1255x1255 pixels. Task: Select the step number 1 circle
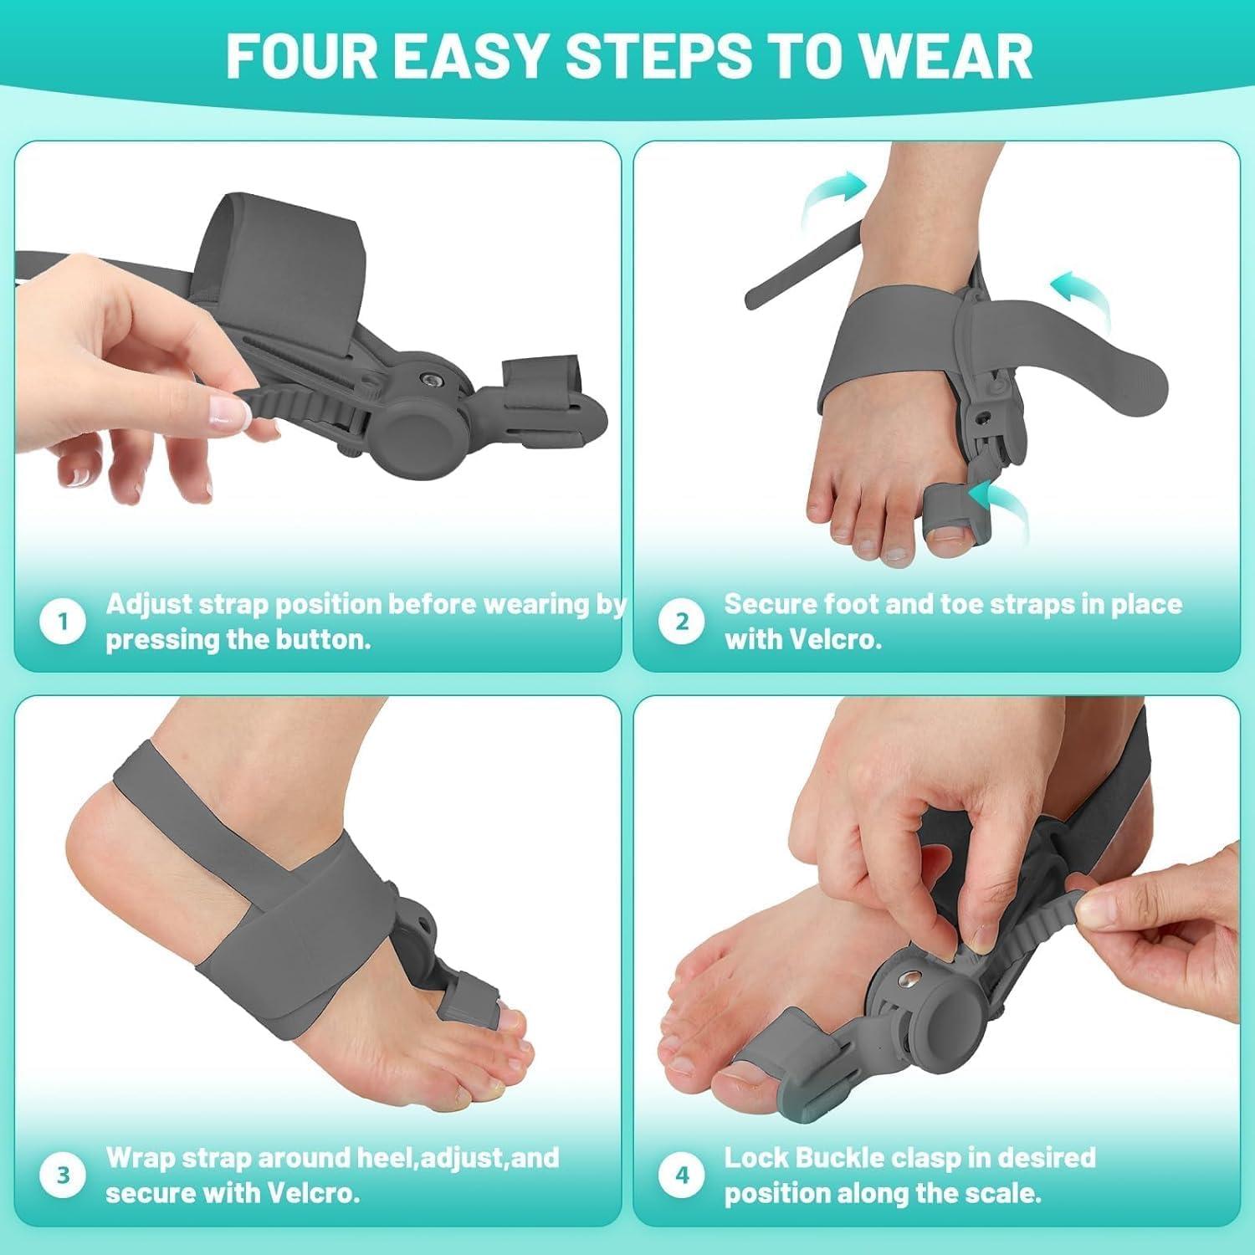(63, 622)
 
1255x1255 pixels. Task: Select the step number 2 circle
(682, 622)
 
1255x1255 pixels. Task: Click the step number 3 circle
(63, 1176)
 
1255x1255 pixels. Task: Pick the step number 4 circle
(682, 1176)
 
